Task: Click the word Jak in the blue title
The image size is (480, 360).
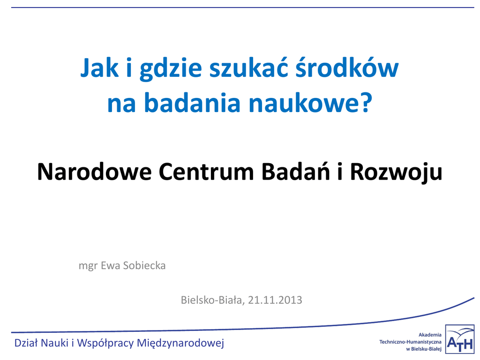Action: point(99,67)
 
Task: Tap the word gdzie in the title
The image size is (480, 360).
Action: point(171,69)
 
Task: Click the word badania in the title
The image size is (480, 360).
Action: point(192,102)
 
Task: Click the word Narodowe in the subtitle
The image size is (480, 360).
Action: point(94,172)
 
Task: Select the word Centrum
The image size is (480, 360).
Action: point(206,172)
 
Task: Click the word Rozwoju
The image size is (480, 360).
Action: point(396,172)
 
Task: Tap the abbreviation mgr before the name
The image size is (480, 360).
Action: point(88,266)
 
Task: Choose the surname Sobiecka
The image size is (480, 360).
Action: point(144,265)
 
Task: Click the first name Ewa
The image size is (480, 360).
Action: point(110,265)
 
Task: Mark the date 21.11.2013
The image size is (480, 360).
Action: point(275,300)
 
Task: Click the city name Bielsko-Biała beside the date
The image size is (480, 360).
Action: point(212,300)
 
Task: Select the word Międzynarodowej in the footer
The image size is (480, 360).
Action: point(180,343)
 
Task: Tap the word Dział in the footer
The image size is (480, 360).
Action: point(26,343)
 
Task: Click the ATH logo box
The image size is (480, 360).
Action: point(459,339)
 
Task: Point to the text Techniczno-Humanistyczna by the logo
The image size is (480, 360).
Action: point(410,342)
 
